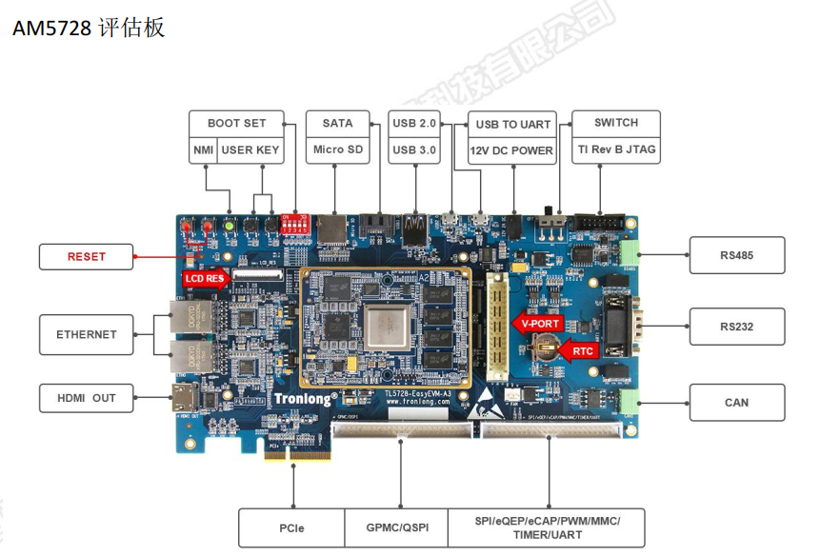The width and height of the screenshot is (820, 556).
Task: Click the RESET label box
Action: tap(87, 256)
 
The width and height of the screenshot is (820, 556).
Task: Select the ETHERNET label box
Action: tap(87, 334)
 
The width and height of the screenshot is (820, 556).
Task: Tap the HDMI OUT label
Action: tap(87, 398)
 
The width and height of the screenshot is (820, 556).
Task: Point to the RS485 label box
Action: tap(736, 256)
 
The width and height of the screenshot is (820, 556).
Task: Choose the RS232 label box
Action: tap(736, 327)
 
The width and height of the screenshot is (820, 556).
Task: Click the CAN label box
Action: tap(736, 402)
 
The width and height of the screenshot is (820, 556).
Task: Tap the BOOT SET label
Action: tap(237, 123)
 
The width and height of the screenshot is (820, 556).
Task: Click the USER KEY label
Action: tap(250, 149)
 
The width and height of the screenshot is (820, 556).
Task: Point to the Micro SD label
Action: tap(337, 149)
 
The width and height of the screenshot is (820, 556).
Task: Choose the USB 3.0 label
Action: tap(414, 149)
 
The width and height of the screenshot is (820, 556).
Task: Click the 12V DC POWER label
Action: tap(511, 150)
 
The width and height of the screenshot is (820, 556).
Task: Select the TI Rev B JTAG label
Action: tap(616, 149)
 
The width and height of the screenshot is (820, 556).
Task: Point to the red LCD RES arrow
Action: tap(204, 279)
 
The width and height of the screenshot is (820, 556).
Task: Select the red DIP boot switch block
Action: tap(296, 225)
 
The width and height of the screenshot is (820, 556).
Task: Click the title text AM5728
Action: tap(51, 29)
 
